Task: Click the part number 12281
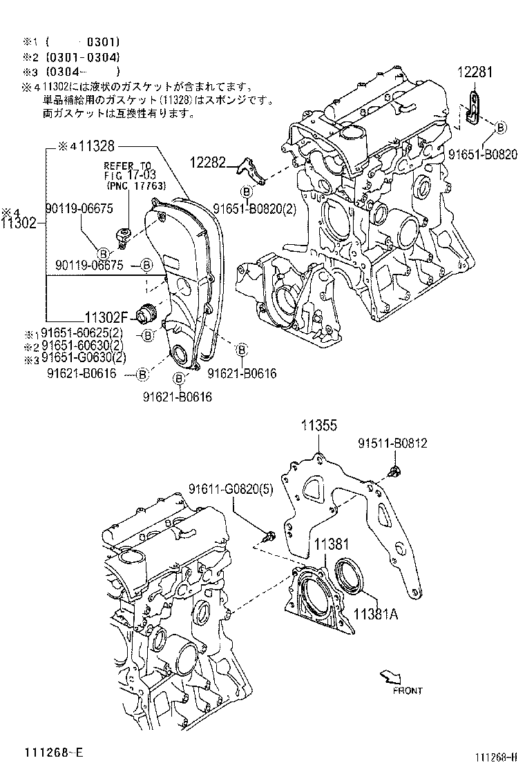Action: (476, 72)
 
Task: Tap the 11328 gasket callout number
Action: (96, 146)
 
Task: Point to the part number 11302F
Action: (107, 318)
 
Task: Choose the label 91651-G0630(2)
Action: (84, 357)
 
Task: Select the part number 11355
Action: (318, 427)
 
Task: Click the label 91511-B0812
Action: (392, 443)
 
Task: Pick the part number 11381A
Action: (376, 614)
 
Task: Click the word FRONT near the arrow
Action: (407, 690)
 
